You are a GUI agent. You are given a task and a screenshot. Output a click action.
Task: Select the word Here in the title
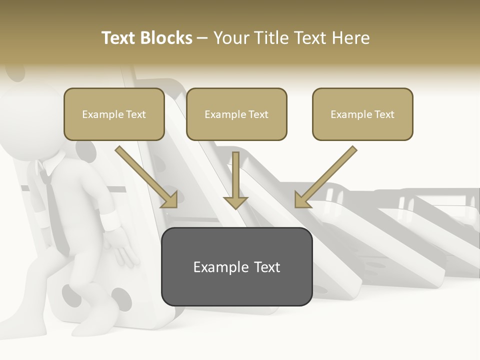(x=349, y=38)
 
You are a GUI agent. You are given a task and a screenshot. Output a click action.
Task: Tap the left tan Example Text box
(x=114, y=114)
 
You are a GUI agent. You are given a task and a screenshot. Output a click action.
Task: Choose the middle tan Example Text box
(x=236, y=114)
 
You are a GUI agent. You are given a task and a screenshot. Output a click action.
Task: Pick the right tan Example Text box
(x=362, y=114)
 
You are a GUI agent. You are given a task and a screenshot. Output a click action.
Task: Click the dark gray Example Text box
(x=236, y=266)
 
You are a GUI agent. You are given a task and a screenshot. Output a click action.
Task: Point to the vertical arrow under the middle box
(x=235, y=180)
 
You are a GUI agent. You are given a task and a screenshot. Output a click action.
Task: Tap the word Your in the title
(x=229, y=38)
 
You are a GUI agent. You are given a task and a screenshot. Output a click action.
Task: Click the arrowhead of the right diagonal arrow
(x=302, y=200)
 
